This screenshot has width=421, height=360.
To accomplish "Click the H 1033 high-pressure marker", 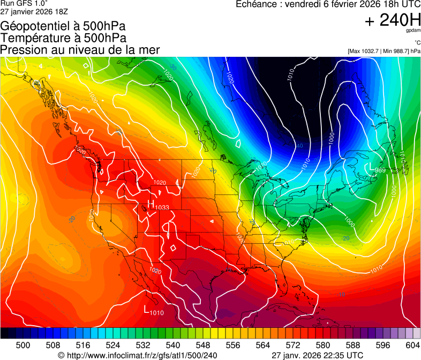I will click(158, 206).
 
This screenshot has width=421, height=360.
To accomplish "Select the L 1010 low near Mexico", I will click(154, 310).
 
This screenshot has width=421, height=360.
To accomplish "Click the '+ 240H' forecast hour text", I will click(392, 20).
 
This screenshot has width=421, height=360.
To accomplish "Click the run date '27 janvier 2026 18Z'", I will click(34, 11).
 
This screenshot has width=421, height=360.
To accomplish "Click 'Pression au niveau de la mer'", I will click(80, 50).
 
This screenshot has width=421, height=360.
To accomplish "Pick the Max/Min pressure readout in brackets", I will click(384, 51).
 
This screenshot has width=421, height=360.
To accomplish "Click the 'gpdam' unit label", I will click(413, 31).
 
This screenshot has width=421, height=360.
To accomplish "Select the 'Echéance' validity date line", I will click(328, 4).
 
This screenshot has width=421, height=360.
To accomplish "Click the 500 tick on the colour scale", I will click(22, 344).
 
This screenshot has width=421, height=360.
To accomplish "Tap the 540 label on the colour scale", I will click(172, 344).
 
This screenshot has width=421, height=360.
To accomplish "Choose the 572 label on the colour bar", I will click(293, 344).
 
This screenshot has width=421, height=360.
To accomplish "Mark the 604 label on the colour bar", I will click(413, 344).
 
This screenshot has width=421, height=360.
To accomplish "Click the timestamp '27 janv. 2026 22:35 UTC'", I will click(318, 355).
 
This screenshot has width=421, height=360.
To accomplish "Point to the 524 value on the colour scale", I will click(112, 344).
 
